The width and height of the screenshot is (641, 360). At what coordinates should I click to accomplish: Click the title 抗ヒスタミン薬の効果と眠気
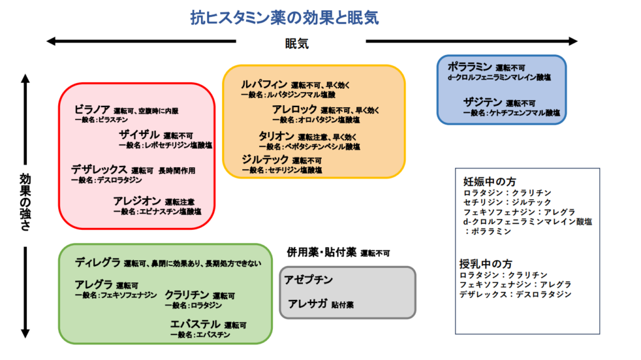pyautogui.click(x=285, y=18)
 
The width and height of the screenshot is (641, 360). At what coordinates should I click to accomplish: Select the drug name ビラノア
pyautogui.click(x=92, y=110)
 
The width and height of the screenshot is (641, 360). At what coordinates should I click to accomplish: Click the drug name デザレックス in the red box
pyautogui.click(x=99, y=169)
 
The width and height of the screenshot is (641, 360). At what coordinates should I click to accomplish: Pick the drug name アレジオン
pyautogui.click(x=136, y=201)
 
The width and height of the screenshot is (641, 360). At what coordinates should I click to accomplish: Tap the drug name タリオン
pyautogui.click(x=276, y=136)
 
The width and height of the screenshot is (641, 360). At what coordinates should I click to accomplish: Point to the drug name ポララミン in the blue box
pyautogui.click(x=470, y=66)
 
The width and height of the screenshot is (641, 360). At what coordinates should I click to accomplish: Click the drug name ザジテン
pyautogui.click(x=482, y=102)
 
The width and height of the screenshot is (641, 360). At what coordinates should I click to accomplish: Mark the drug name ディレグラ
pyautogui.click(x=97, y=262)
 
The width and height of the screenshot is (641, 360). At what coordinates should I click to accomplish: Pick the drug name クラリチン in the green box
pyautogui.click(x=187, y=294)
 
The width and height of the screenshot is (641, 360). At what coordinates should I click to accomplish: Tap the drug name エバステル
pyautogui.click(x=195, y=324)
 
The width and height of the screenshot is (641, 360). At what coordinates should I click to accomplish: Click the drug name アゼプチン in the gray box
pyautogui.click(x=308, y=280)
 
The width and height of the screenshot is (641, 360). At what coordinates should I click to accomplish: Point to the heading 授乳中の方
pyautogui.click(x=485, y=264)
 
